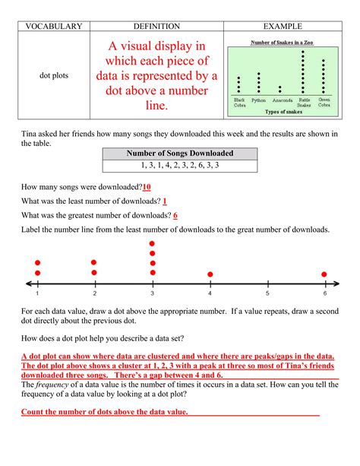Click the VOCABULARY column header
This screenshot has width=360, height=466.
tap(54, 27)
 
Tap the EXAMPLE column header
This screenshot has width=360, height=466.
tap(281, 27)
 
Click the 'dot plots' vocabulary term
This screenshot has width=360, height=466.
tap(54, 76)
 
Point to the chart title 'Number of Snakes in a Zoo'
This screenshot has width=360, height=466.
tap(281, 43)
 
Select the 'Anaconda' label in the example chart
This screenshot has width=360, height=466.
tap(281, 100)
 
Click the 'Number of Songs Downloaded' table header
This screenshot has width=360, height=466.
tap(180, 154)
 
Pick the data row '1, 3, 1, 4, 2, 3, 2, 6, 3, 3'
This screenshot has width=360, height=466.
tap(180, 165)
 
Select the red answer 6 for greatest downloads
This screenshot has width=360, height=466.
tap(175, 215)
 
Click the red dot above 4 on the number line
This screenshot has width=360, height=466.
tap(210, 274)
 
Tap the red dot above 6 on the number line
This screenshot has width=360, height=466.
tap(324, 274)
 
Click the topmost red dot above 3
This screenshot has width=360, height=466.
tap(153, 244)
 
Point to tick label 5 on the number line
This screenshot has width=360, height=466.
tap(267, 293)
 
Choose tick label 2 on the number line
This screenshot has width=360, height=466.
tap(95, 293)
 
